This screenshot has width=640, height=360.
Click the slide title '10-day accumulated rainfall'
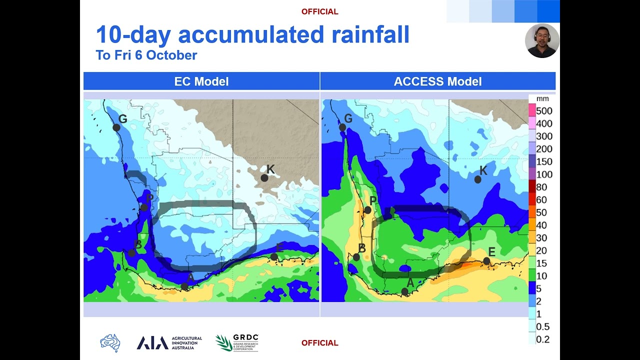pyautogui.click(x=252, y=35)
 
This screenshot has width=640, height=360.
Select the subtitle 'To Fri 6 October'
pyautogui.click(x=146, y=55)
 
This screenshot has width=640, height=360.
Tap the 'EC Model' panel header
pyautogui.click(x=201, y=81)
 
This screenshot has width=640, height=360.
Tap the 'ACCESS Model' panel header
pyautogui.click(x=437, y=81)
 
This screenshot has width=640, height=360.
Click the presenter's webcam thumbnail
pyautogui.click(x=542, y=40)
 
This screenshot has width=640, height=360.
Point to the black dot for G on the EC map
pyautogui.click(x=116, y=127)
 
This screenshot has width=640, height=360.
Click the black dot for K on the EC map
pyautogui.click(x=264, y=177)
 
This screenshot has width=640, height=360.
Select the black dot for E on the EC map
pyautogui.click(x=274, y=257)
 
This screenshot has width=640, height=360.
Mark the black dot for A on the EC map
pyautogui.click(x=184, y=286)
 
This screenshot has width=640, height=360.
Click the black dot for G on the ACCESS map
pyautogui.click(x=342, y=127)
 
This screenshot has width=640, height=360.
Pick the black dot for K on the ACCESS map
pyautogui.click(x=477, y=179)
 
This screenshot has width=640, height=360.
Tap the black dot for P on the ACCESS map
pyautogui.click(x=367, y=210)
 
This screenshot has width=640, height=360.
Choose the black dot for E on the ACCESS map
pyautogui.click(x=486, y=261)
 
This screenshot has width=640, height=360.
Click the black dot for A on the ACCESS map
pyautogui.click(x=405, y=291)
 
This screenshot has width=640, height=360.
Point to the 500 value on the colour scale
pyautogui.click(x=544, y=111)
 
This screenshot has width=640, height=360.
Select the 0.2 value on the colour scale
pyautogui.click(x=542, y=339)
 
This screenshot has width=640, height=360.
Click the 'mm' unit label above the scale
pyautogui.click(x=542, y=99)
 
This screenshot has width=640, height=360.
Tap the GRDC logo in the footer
pyautogui.click(x=237, y=343)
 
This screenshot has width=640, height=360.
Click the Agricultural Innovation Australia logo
pyautogui.click(x=169, y=343)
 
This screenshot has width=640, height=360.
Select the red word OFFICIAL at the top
pyautogui.click(x=319, y=11)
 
